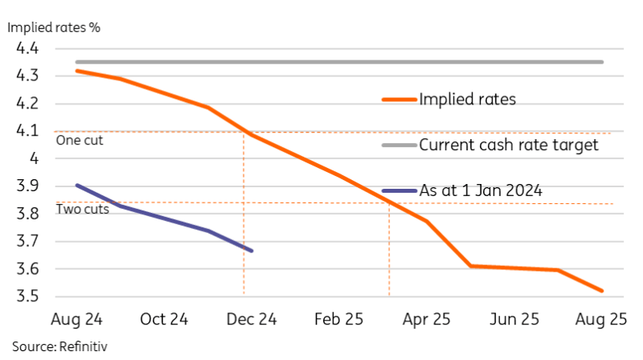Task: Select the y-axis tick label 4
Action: click(x=33, y=159)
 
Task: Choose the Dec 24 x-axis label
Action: click(x=252, y=319)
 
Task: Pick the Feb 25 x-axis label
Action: click(x=338, y=319)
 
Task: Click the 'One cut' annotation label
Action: click(x=80, y=141)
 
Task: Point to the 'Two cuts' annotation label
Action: click(x=82, y=210)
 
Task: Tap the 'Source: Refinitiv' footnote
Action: click(x=59, y=346)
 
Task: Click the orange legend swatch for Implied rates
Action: click(x=398, y=100)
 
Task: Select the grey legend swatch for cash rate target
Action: click(x=398, y=145)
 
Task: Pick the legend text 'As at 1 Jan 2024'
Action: click(x=480, y=191)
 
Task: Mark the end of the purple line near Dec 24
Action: click(x=252, y=251)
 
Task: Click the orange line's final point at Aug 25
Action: click(x=602, y=291)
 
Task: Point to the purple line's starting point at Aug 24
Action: click(x=77, y=185)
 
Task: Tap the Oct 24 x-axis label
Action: click(x=164, y=319)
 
